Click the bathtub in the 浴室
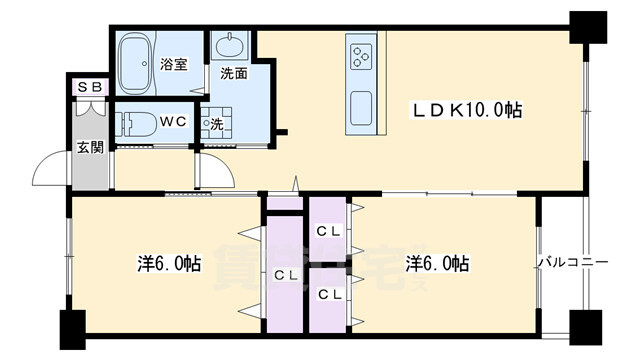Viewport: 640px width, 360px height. coord(136,64)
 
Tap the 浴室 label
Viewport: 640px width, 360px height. coord(173,64)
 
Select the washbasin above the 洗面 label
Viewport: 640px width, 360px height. coord(231,46)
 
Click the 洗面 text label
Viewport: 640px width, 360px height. coord(234,73)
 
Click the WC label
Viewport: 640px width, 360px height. coord(173,121)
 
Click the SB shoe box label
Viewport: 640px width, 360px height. coord(89,87)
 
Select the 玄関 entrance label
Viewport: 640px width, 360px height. coord(90,147)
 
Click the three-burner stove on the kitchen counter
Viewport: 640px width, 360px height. coord(361,57)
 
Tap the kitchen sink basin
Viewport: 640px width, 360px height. coord(361,108)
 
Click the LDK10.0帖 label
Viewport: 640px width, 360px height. coord(466,110)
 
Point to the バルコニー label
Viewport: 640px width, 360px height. coord(573,262)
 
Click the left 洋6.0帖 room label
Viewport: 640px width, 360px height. coord(169,264)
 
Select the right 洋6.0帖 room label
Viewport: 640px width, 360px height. coord(437,264)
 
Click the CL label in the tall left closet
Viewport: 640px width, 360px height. coord(285,276)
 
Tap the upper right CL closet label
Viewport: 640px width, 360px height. coord(329,232)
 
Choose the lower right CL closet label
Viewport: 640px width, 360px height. coord(329,294)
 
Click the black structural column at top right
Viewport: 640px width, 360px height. coord(588,27)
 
